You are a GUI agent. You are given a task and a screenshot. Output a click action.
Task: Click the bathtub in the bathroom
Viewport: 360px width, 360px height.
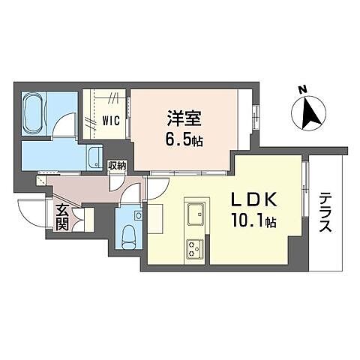[37, 114]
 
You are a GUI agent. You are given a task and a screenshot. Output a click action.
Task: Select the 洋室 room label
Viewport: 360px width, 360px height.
[182, 118]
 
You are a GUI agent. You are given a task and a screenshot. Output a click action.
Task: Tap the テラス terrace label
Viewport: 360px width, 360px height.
[325, 213]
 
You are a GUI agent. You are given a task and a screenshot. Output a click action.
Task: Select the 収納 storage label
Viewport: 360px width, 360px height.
[116, 165]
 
